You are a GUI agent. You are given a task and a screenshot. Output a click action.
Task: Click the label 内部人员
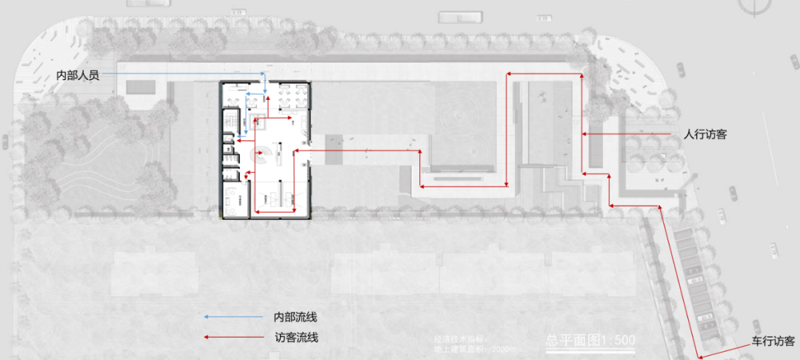click(x=78, y=75)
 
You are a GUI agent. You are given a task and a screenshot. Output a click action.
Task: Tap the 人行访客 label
click(x=705, y=134)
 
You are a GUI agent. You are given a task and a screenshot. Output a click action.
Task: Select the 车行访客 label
click(x=773, y=341)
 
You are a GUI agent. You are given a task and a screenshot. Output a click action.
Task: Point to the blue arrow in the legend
click(x=208, y=317)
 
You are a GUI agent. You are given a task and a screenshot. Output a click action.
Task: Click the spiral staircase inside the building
click(x=261, y=156)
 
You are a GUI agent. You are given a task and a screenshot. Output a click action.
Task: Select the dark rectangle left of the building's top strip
click(x=141, y=87)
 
